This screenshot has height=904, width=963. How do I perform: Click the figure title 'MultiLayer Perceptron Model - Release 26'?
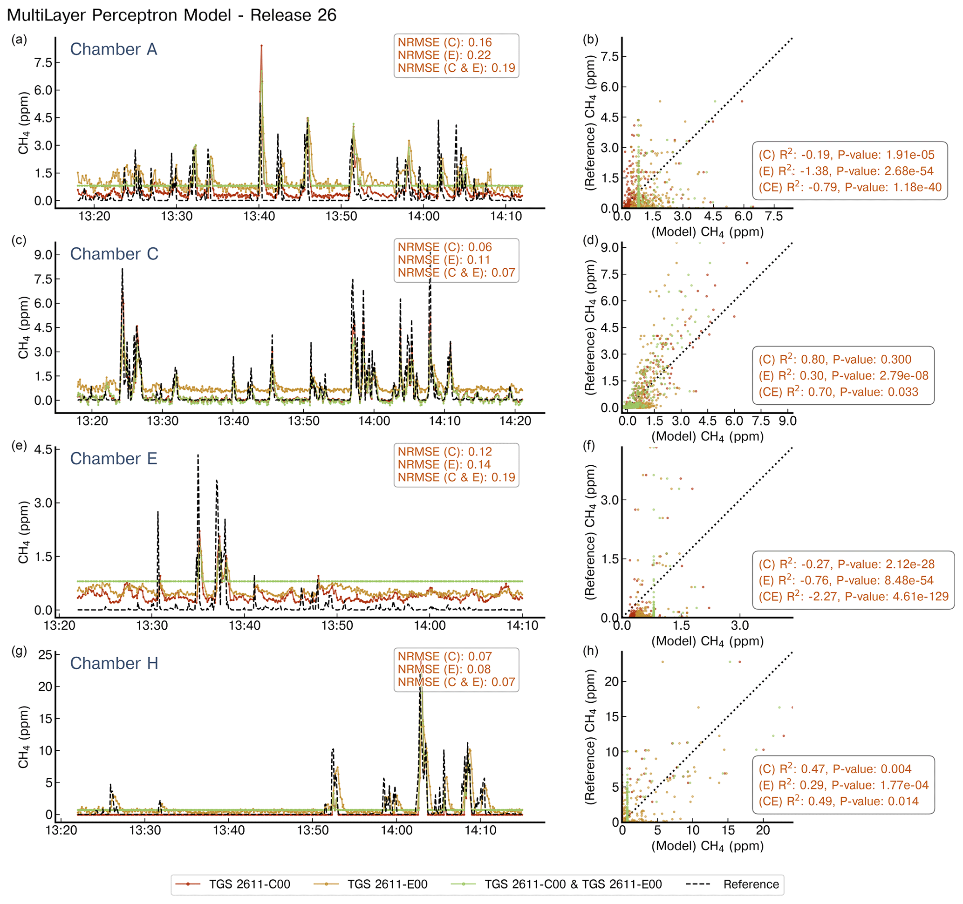(x=171, y=15)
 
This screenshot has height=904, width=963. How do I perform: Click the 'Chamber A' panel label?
(x=113, y=49)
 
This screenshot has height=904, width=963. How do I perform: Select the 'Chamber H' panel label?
(x=114, y=663)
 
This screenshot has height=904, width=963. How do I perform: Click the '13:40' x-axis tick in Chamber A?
(x=259, y=217)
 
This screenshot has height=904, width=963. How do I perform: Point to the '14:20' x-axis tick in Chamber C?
(x=515, y=421)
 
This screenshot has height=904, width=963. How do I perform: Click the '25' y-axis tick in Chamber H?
(x=45, y=655)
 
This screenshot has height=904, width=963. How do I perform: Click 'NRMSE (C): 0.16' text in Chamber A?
(x=444, y=42)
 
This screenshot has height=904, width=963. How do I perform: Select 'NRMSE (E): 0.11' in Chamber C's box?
(x=444, y=260)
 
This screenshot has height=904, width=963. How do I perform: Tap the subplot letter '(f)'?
(x=590, y=445)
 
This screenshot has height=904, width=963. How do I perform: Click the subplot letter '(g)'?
(x=19, y=651)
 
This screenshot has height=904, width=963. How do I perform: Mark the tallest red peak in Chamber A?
(x=261, y=46)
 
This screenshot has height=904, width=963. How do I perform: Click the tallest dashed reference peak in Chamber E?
(x=198, y=455)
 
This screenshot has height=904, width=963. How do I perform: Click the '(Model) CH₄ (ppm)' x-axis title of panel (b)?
(x=707, y=232)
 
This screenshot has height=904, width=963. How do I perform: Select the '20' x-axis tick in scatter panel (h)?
(x=763, y=830)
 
